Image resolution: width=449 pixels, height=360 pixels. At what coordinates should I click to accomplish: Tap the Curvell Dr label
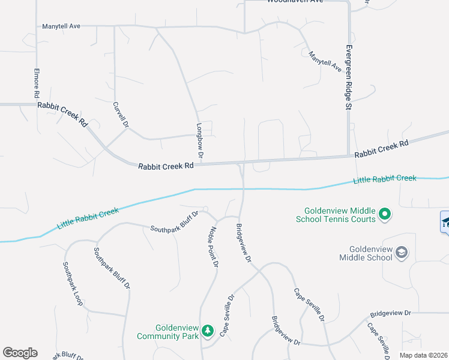(121, 115)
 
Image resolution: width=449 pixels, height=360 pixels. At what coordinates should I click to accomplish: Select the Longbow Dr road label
(200, 142)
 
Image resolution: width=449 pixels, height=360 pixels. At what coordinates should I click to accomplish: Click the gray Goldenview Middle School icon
(402, 253)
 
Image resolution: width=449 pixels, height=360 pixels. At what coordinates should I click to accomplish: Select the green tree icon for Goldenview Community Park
(207, 331)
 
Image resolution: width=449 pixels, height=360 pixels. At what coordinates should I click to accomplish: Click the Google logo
(20, 353)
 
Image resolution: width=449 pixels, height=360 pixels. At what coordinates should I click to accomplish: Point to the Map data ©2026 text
(423, 355)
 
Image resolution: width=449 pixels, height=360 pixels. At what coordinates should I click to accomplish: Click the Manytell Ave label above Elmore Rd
(61, 26)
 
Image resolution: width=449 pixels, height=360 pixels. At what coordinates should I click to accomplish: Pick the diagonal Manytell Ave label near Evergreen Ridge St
(325, 62)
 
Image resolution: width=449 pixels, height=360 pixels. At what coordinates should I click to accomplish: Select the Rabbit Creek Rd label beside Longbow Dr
(166, 166)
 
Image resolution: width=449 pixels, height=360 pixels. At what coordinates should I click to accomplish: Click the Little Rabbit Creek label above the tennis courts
(384, 179)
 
